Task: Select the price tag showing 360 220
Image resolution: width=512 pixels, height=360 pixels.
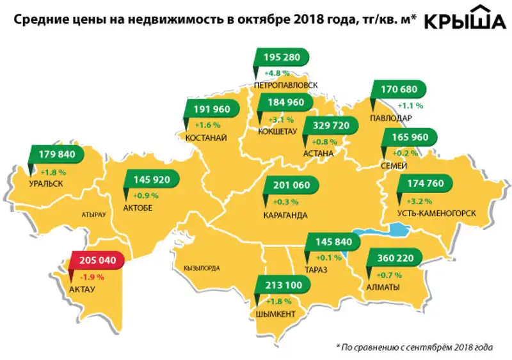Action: point(392,259)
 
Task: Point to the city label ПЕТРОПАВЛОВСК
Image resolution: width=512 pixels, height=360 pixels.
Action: point(285,84)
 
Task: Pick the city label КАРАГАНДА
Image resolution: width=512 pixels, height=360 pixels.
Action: point(285,215)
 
